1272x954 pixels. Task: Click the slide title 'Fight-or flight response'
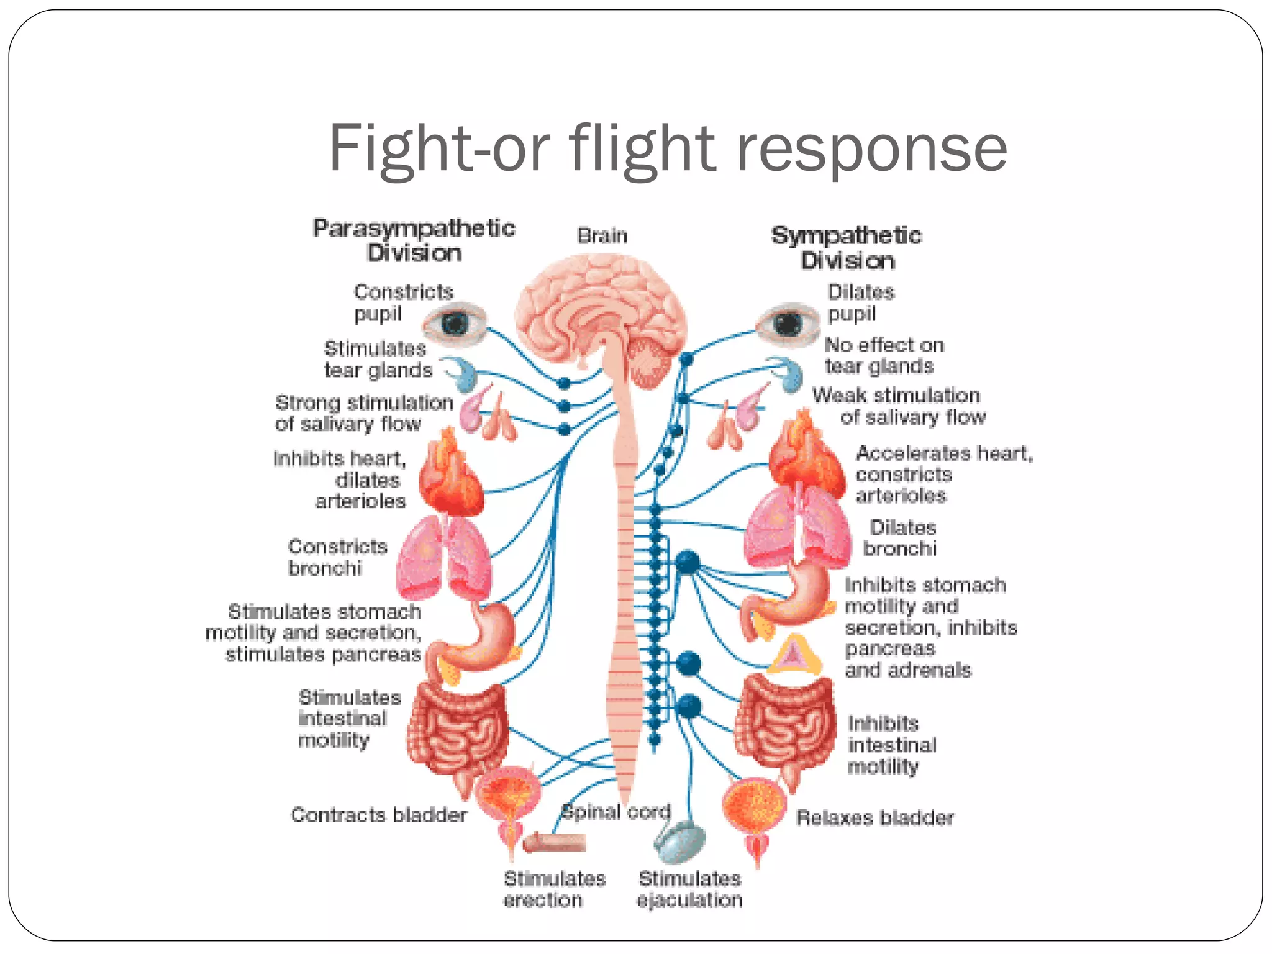pos(668,149)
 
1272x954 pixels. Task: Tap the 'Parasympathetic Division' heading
pos(414,240)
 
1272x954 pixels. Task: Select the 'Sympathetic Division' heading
pos(847,248)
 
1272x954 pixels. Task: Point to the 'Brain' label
pos(602,236)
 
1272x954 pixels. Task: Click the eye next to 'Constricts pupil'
pos(455,324)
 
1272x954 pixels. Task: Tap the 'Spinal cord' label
pos(616,812)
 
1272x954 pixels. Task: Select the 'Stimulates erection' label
pos(554,889)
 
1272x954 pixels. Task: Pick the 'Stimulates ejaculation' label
pos(689,889)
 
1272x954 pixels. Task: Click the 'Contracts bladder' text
pos(379,815)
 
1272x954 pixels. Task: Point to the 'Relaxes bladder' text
pos(874,817)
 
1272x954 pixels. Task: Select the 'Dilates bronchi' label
pos(901,538)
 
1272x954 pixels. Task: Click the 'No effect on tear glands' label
pos(883,355)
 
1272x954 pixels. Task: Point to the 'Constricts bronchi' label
pos(337,557)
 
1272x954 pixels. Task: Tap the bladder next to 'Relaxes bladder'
pos(753,807)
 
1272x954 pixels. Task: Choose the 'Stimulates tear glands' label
pos(378,359)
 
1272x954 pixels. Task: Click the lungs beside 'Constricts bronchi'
pos(443,556)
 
